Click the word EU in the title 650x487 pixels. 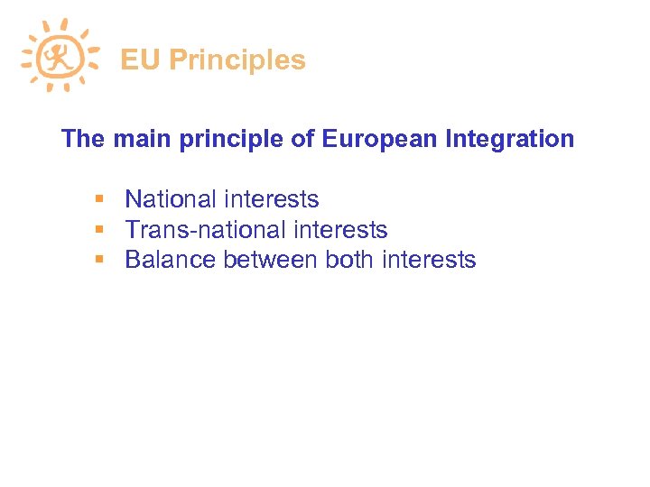[140, 60]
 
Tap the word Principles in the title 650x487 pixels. [237, 60]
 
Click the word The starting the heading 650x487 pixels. [83, 140]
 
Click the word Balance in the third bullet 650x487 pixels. [171, 261]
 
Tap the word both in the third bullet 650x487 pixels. [348, 261]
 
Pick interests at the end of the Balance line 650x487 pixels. [429, 261]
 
